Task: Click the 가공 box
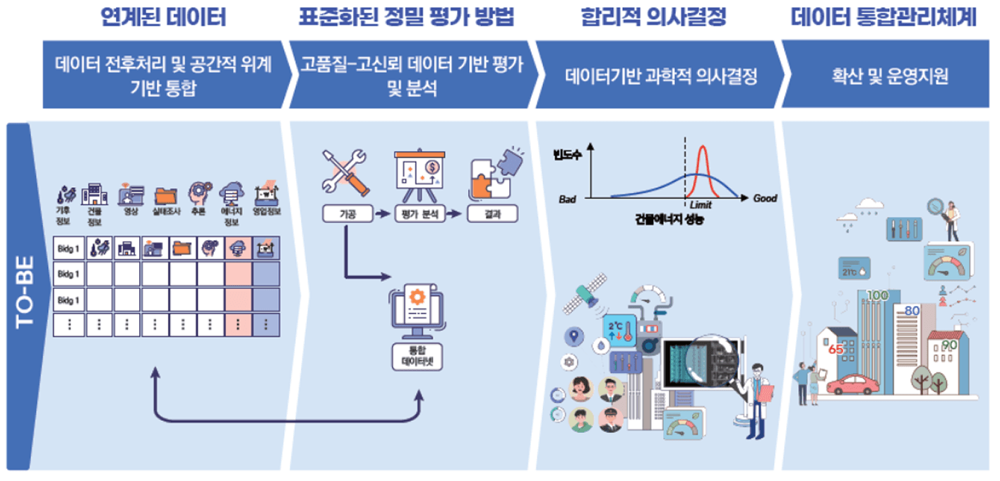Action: (x=346, y=213)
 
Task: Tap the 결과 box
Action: (x=492, y=213)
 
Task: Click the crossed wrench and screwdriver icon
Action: (x=345, y=172)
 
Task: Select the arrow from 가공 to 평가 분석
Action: (x=382, y=214)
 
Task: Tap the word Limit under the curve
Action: (x=701, y=205)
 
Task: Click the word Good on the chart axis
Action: (x=764, y=198)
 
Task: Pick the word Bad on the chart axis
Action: (x=568, y=199)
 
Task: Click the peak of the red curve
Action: (x=703, y=147)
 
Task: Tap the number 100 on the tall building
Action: (x=877, y=295)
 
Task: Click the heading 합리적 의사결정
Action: (x=653, y=17)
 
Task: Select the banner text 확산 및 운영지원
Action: (x=889, y=76)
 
